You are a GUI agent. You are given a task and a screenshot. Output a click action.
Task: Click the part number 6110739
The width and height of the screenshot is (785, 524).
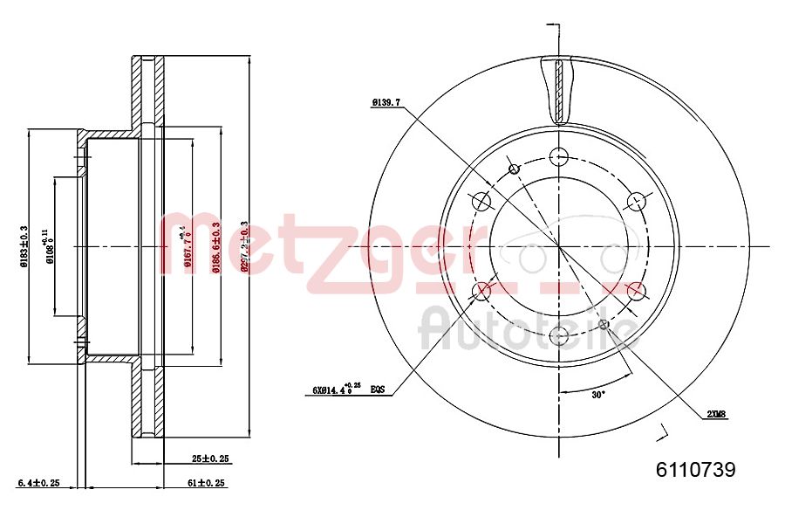[695, 470]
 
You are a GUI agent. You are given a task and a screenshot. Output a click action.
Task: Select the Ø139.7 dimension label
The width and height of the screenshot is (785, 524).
[386, 102]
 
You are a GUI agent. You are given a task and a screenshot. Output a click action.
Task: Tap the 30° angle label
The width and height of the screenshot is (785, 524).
[597, 395]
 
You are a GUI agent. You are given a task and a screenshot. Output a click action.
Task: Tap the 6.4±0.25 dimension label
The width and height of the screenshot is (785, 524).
[38, 482]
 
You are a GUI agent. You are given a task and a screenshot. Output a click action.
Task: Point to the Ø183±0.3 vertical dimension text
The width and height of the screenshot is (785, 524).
[25, 245]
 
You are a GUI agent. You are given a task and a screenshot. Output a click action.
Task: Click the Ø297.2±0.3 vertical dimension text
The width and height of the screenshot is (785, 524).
[244, 246]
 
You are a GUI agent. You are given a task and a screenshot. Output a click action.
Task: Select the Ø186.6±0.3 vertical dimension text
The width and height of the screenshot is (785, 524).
[215, 246]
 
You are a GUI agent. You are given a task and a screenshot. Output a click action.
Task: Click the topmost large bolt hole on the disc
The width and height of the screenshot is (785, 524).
[559, 157]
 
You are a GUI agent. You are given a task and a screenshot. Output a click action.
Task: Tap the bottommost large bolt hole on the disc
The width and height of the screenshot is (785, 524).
[559, 334]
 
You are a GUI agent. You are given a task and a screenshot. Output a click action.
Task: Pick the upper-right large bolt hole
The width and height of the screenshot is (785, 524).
[636, 202]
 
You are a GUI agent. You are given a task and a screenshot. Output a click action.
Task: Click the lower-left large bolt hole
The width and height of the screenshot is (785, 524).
[482, 290]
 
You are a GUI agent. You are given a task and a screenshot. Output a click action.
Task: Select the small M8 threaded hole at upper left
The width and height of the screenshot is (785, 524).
[514, 169]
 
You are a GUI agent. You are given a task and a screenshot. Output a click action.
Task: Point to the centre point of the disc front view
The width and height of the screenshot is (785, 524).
[559, 245]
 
